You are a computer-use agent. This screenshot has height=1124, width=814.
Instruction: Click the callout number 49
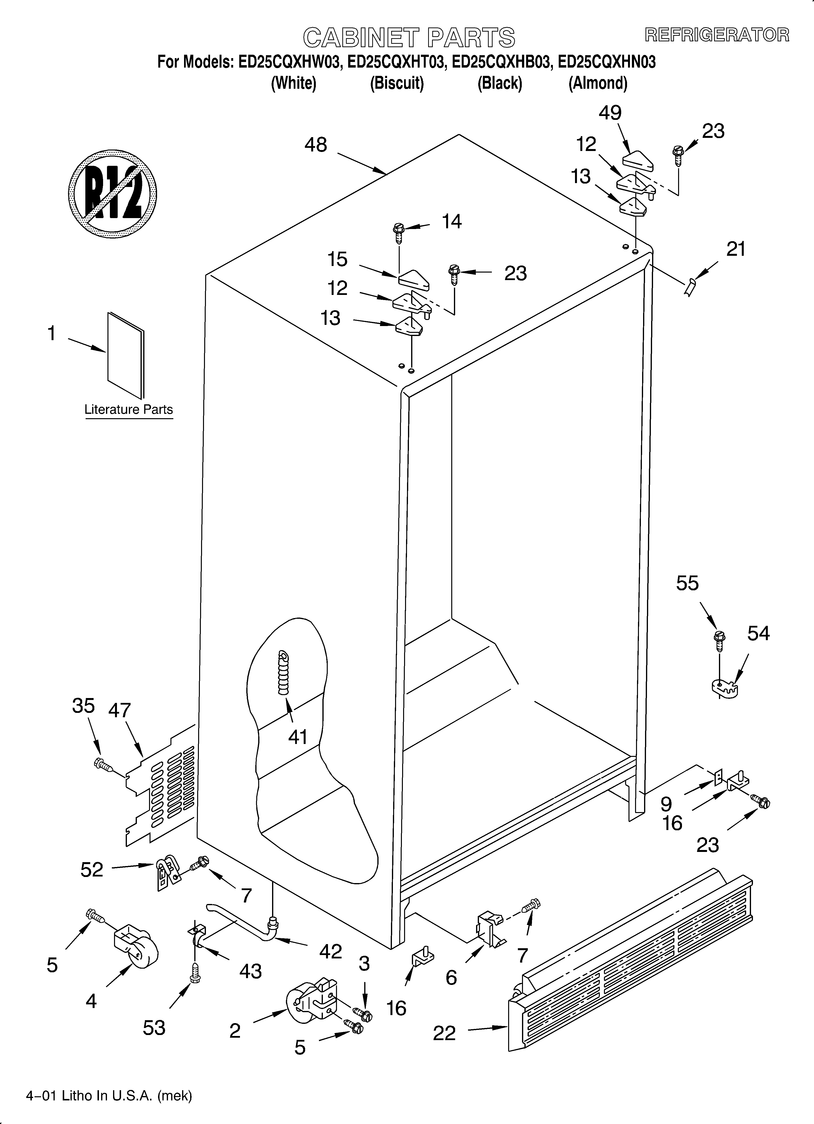610,113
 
